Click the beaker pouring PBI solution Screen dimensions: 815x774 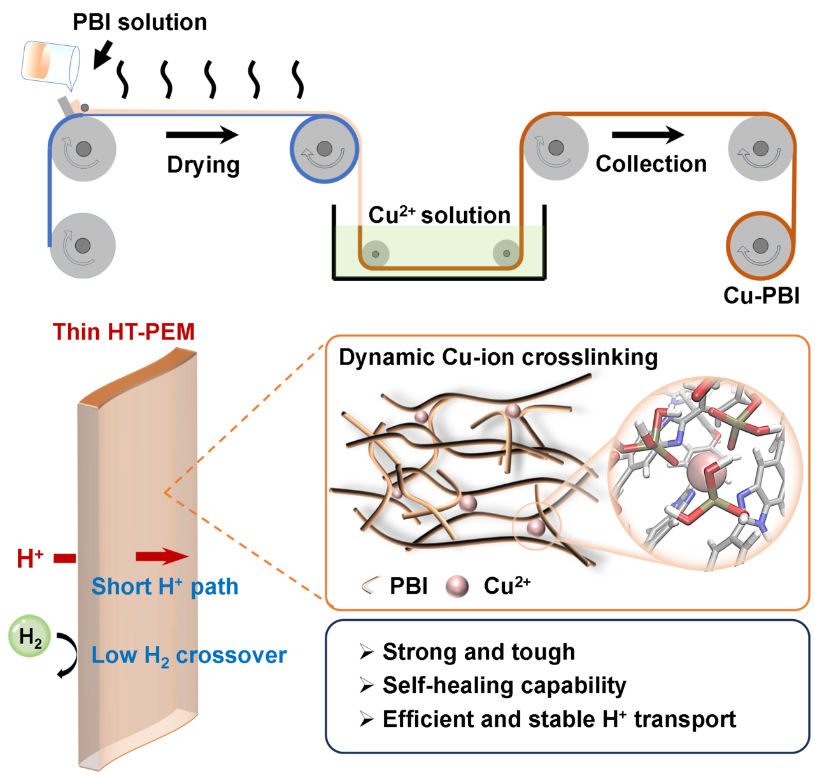(x=50, y=65)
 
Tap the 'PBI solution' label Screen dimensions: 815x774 (x=139, y=22)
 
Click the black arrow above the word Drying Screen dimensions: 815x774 (x=202, y=134)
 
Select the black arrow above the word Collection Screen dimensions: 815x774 (x=648, y=134)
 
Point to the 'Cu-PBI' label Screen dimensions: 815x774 (x=761, y=296)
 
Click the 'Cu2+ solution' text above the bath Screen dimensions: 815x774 (x=439, y=215)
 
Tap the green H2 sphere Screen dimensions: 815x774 (x=29, y=636)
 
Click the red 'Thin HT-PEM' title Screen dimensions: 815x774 (x=124, y=332)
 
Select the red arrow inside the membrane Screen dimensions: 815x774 (x=162, y=556)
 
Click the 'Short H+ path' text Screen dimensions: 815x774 (x=165, y=587)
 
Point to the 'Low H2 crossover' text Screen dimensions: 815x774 (x=189, y=656)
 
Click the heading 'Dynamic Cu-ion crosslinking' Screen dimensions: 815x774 (x=499, y=357)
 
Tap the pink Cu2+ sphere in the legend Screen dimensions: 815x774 (x=457, y=586)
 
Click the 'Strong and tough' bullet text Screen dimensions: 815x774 (x=479, y=651)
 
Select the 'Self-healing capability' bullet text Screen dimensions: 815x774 (x=504, y=685)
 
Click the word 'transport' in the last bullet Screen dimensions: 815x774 (x=685, y=719)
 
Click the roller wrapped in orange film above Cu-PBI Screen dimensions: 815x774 (x=760, y=245)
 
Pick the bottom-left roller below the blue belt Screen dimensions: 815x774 (x=83, y=245)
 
